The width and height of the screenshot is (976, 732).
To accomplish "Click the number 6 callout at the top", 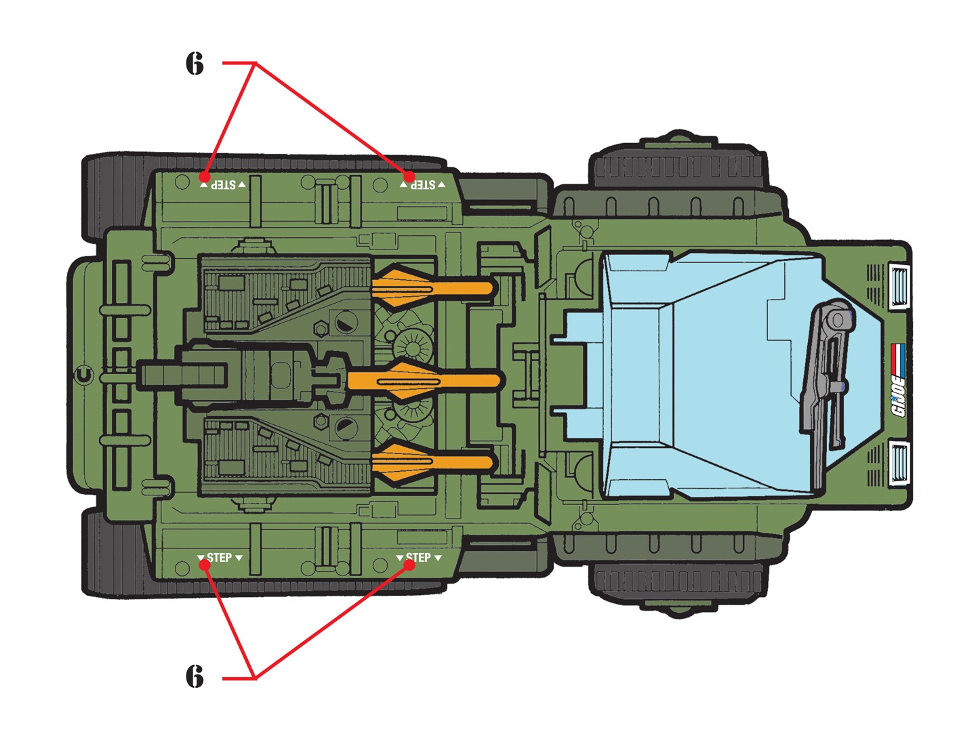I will (195, 64).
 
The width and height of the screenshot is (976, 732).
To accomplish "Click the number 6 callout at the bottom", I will (195, 676).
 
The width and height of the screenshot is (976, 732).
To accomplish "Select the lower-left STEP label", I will (220, 558).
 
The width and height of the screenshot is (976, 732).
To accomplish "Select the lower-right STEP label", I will (419, 558).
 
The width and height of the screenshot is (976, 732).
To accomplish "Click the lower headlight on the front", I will (899, 462).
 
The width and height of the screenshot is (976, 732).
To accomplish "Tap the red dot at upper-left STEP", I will (205, 177).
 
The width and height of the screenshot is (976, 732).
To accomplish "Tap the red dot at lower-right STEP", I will (409, 564).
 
